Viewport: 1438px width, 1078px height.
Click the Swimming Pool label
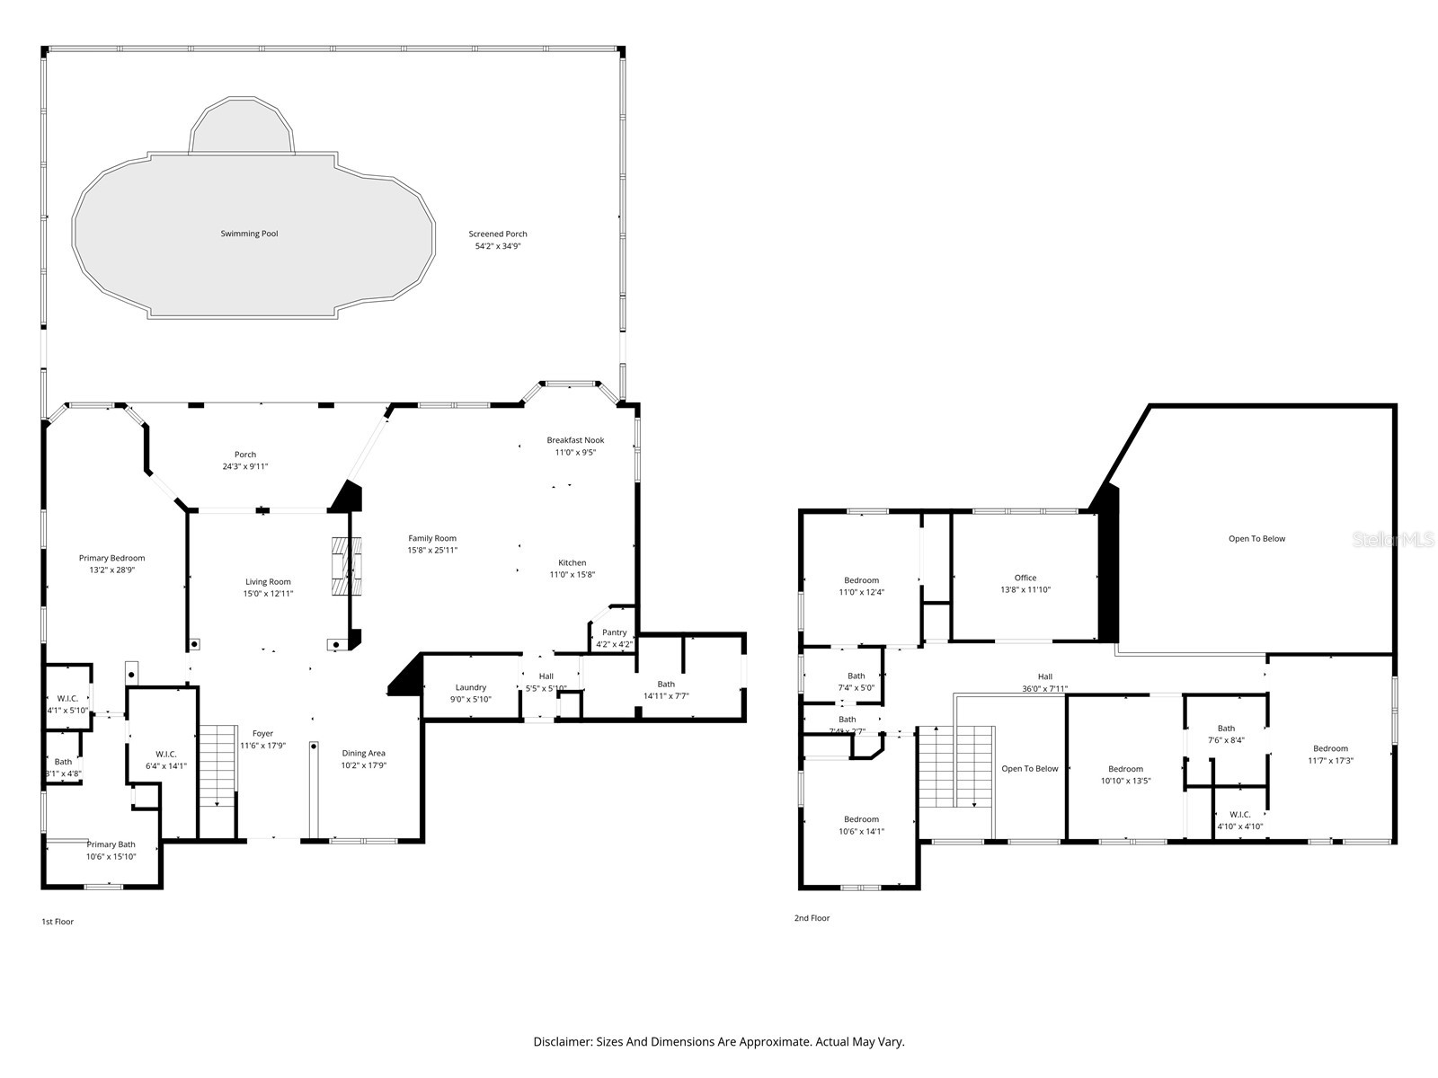coord(249,234)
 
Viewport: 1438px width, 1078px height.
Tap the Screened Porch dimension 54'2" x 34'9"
coord(498,246)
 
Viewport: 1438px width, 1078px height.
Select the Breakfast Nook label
coord(575,440)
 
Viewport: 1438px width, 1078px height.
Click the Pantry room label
coord(615,632)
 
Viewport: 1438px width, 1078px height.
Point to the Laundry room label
coord(470,687)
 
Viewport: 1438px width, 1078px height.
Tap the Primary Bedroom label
coord(111,558)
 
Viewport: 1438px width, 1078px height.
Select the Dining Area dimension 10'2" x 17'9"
coord(364,765)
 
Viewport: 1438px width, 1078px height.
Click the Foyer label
coord(262,734)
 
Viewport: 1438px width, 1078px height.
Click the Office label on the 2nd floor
coord(1025,578)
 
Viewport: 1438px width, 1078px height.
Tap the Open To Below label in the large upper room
coord(1256,539)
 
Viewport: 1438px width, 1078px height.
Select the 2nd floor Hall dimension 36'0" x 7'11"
coord(1044,689)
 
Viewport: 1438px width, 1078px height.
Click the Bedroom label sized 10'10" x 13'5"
coord(1125,769)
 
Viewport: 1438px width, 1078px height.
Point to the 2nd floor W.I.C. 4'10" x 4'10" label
coord(1240,815)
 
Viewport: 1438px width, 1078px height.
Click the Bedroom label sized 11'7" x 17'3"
coord(1330,748)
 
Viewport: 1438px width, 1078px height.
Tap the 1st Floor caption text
coord(58,922)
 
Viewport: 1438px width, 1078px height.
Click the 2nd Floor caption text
coord(812,918)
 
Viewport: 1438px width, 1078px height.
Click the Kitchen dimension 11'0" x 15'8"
coord(573,575)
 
